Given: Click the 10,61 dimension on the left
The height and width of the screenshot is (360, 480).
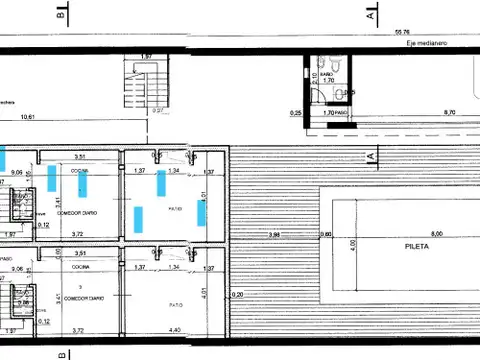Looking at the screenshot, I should [26, 116].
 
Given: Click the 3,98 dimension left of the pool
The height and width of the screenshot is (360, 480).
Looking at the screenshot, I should [274, 234].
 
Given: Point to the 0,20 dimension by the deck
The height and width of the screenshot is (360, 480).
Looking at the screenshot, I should [236, 294].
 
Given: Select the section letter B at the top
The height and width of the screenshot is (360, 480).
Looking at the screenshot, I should [63, 14].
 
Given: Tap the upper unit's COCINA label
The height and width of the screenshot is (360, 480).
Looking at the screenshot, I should [80, 171].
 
